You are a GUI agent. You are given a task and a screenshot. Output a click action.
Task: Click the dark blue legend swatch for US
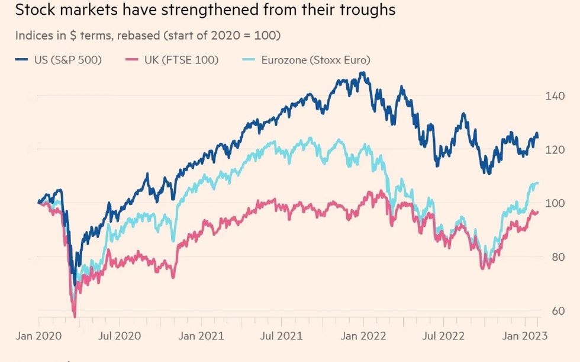pos(21,59)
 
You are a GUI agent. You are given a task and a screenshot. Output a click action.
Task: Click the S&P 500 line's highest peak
pos(362,73)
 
